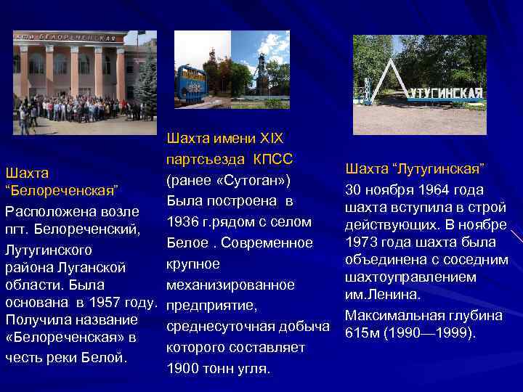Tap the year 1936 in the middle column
point(182,221)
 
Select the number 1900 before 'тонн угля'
point(182,369)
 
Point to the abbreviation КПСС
point(272,158)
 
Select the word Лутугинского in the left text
point(49,250)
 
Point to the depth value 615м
point(363,333)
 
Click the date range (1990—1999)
point(430,333)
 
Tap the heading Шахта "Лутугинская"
point(415,169)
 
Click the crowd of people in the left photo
point(80,109)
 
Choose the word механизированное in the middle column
point(230,285)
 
